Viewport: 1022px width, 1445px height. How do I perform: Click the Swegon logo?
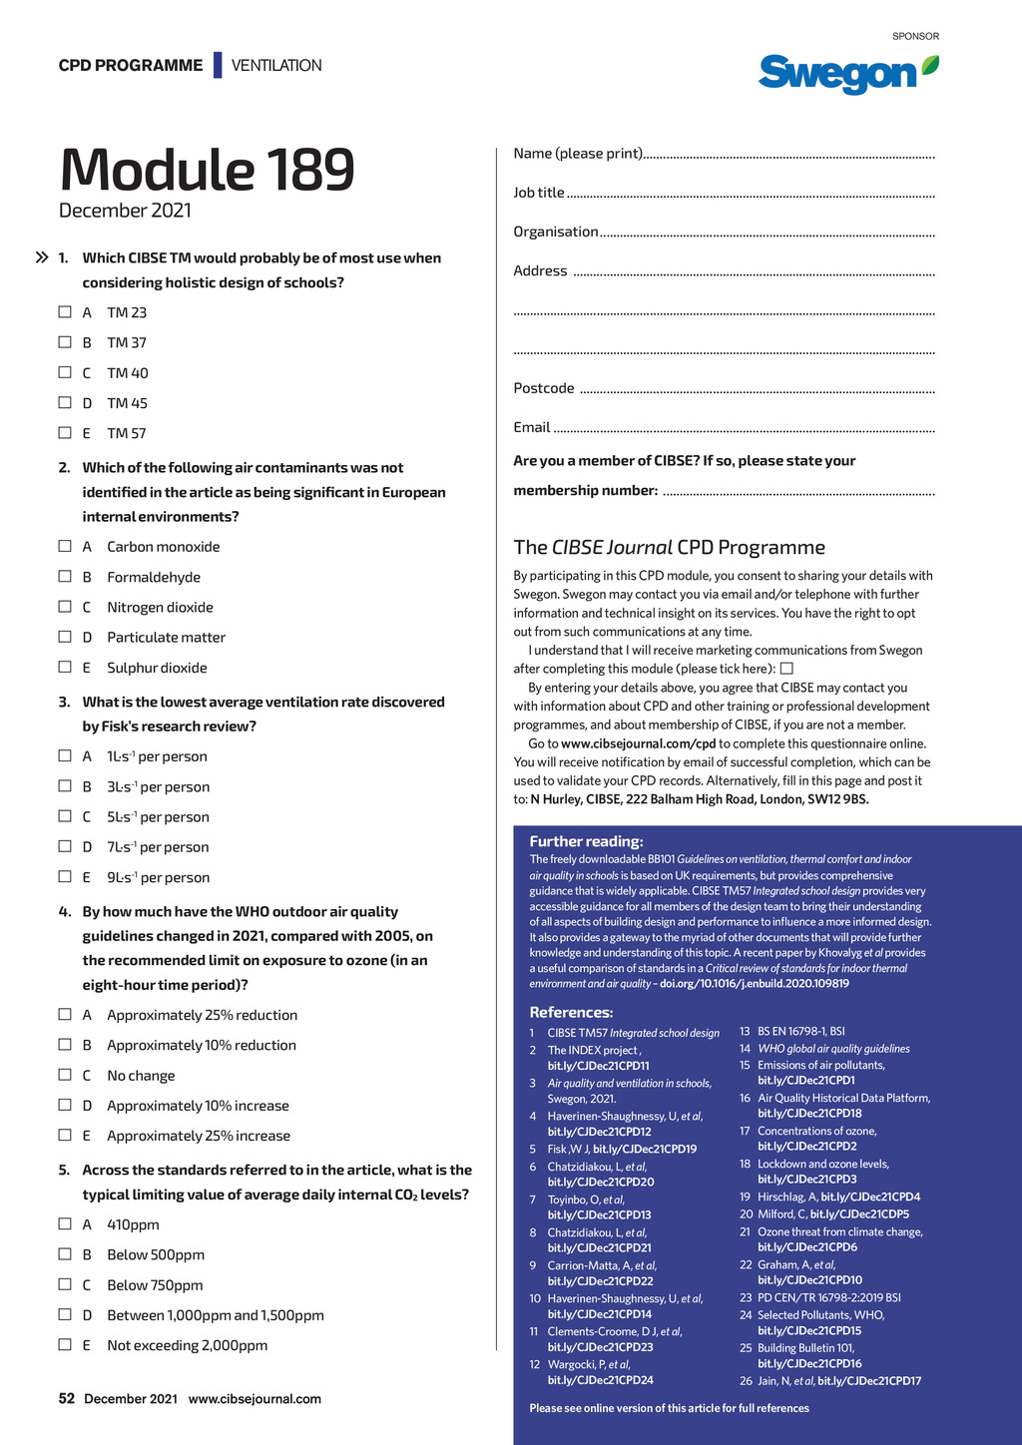coord(847,73)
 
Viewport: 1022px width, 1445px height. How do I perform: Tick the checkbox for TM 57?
coord(65,433)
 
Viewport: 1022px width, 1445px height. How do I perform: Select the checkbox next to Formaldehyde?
coord(65,577)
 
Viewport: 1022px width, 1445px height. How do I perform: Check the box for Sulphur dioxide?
coord(65,667)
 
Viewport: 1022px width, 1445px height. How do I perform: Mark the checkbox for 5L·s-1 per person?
coord(65,816)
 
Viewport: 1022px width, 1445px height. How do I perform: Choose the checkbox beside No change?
coord(65,1075)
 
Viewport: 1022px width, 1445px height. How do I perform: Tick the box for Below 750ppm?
coord(65,1284)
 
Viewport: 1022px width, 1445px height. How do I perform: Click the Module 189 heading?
coord(207,170)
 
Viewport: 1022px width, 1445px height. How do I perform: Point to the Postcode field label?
coord(544,388)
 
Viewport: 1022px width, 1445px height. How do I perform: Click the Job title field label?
coord(539,193)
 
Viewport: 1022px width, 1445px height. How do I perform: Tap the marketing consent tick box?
coord(786,669)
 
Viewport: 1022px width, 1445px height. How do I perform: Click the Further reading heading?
coord(586,841)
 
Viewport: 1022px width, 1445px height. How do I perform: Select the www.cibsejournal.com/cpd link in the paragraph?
coord(638,743)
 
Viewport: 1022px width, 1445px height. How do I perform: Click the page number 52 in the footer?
coord(67,1398)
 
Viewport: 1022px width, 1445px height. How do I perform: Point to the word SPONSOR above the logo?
coord(915,36)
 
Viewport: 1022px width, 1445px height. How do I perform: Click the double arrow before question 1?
coord(42,257)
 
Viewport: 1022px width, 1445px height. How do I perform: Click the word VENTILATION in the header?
coord(276,66)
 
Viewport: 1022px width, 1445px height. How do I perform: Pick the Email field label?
coord(532,427)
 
